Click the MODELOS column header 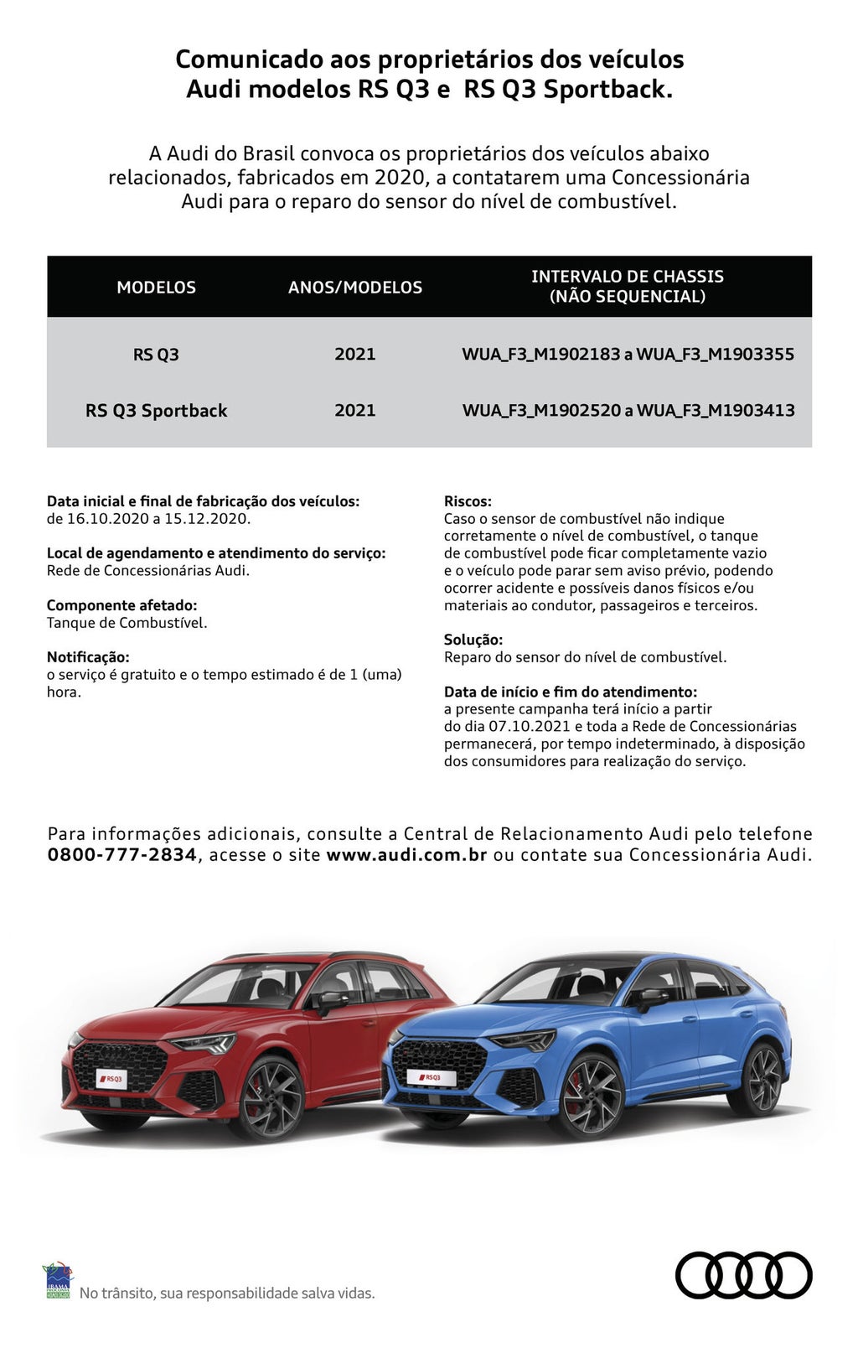(x=156, y=288)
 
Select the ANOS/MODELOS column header (x=355, y=288)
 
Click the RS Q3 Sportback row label (x=156, y=411)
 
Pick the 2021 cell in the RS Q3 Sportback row (x=355, y=411)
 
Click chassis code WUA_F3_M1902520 (x=541, y=411)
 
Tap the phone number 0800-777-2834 (x=121, y=855)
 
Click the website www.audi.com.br (x=406, y=855)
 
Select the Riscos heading (x=468, y=501)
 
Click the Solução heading (x=473, y=640)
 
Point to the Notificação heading (x=88, y=657)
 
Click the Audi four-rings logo (x=743, y=1275)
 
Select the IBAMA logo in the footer (x=57, y=1281)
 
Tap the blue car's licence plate (x=429, y=1077)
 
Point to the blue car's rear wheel (x=761, y=1079)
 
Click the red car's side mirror (x=331, y=1001)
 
